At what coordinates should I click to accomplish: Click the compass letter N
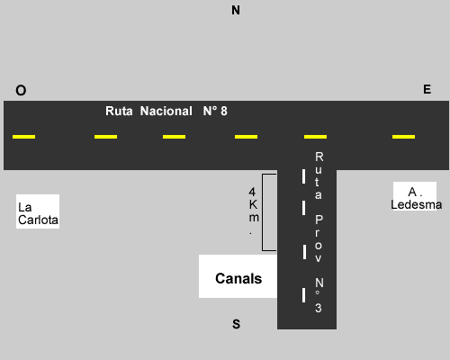[x=236, y=10]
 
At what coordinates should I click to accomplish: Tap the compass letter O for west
[x=21, y=90]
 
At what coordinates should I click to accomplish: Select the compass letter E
[x=427, y=89]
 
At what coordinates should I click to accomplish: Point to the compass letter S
[x=237, y=324]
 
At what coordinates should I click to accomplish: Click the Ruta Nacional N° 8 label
[x=166, y=111]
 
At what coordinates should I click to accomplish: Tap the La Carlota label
[x=38, y=213]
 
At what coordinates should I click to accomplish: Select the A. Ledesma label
[x=416, y=198]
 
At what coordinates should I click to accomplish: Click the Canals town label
[x=238, y=278]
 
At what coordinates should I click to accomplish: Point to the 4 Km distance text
[x=253, y=211]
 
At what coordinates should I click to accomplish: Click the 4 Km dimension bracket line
[x=263, y=212]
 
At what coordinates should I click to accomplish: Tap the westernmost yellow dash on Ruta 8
[x=23, y=137]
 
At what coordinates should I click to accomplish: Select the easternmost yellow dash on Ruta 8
[x=403, y=137]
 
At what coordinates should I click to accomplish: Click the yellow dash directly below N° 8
[x=246, y=137]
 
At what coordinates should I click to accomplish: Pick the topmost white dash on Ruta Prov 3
[x=303, y=176]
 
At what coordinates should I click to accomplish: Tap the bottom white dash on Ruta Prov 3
[x=303, y=295]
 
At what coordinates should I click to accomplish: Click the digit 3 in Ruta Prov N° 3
[x=319, y=308]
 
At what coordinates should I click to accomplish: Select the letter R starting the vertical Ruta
[x=319, y=157]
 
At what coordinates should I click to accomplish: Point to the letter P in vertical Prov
[x=319, y=220]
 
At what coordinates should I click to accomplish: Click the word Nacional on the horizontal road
[x=166, y=111]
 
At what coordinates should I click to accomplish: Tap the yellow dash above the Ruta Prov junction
[x=315, y=137]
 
